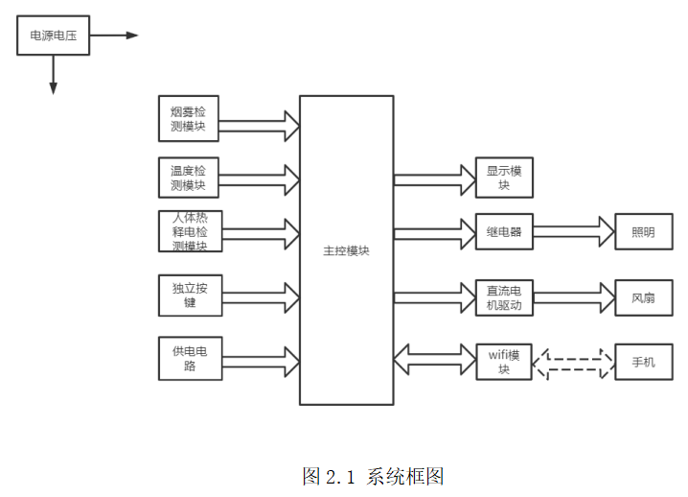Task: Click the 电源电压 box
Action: point(54,35)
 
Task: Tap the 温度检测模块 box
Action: point(190,177)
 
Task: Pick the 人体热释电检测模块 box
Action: point(190,231)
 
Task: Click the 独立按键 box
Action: point(190,295)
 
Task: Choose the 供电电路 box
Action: point(190,358)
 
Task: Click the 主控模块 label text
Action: point(346,251)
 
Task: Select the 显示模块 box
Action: point(504,177)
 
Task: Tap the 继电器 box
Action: point(504,231)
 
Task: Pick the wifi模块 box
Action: point(504,362)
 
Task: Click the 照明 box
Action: point(643,231)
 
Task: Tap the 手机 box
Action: point(643,362)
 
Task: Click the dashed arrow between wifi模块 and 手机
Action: point(573,362)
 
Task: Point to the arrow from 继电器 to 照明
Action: point(573,231)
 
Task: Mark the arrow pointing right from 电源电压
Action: point(113,35)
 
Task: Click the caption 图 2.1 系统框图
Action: point(373,475)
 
